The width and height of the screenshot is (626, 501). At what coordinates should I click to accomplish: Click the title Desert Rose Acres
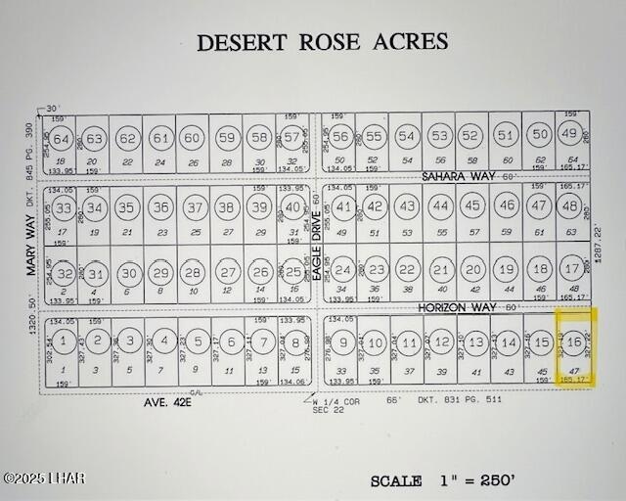coord(322,42)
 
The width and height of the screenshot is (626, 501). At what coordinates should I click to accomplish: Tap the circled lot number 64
coord(61,139)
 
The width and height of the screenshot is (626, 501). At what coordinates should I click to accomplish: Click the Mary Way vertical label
coord(30,243)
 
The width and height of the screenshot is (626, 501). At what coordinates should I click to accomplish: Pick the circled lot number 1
coord(62,342)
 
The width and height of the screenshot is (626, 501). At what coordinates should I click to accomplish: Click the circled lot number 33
coord(64,208)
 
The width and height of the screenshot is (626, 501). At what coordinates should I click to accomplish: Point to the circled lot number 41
coord(343,207)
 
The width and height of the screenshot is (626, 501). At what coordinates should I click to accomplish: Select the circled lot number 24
coord(342,270)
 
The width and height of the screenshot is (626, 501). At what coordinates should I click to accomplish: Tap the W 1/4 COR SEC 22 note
coord(330,405)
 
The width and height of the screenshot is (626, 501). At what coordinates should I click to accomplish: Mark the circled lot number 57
coord(291,137)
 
